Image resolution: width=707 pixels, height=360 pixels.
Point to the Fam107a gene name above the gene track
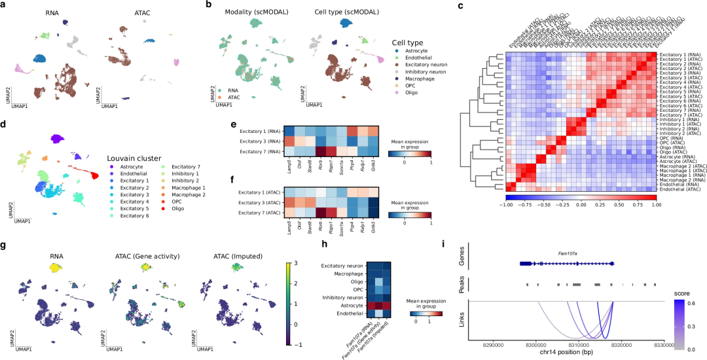coord(568,251)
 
